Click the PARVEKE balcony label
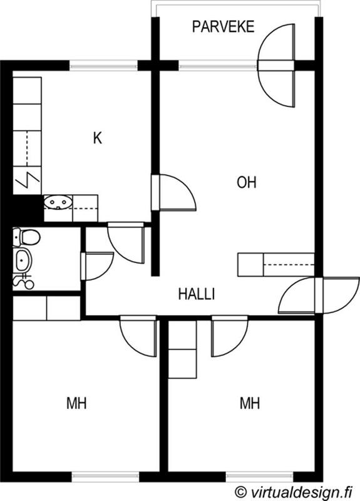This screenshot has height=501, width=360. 223,26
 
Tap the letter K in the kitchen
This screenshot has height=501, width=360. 98,138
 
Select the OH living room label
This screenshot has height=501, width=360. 246,182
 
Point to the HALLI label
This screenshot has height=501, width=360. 196,294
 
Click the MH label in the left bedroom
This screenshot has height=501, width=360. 76,403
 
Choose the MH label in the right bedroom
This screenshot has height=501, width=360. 249,403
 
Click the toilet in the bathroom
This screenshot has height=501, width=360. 26,237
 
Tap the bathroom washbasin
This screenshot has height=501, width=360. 23,260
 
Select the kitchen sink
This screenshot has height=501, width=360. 58,202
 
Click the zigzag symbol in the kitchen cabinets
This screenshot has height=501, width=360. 28,180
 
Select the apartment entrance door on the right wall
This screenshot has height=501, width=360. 319,295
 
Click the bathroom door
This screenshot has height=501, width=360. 97,266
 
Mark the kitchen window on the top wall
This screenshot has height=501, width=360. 103,66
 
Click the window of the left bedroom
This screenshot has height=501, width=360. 105,477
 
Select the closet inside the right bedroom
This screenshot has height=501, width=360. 182,349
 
